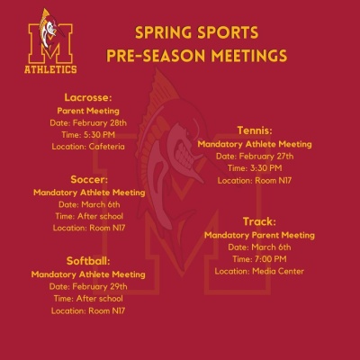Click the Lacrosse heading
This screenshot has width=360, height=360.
click(88, 97)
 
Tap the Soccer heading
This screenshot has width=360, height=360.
click(89, 179)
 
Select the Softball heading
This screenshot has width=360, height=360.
click(88, 261)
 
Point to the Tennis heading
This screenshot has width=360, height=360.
click(255, 130)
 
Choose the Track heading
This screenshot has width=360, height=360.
click(259, 221)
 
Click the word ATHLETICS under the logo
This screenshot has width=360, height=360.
click(50, 69)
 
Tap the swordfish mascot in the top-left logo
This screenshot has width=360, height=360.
click(50, 30)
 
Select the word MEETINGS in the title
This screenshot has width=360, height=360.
click(248, 56)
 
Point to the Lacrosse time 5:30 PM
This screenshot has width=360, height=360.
click(99, 135)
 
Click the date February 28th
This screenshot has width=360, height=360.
click(99, 123)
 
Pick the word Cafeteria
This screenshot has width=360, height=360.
click(106, 147)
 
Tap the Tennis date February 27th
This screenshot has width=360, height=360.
click(266, 157)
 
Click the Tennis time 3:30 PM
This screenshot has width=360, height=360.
click(265, 168)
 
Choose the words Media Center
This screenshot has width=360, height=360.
click(278, 271)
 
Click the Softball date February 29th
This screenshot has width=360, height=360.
click(100, 286)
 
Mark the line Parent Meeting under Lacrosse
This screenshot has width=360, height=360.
click(88, 111)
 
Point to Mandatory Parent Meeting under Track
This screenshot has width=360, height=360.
click(259, 235)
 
